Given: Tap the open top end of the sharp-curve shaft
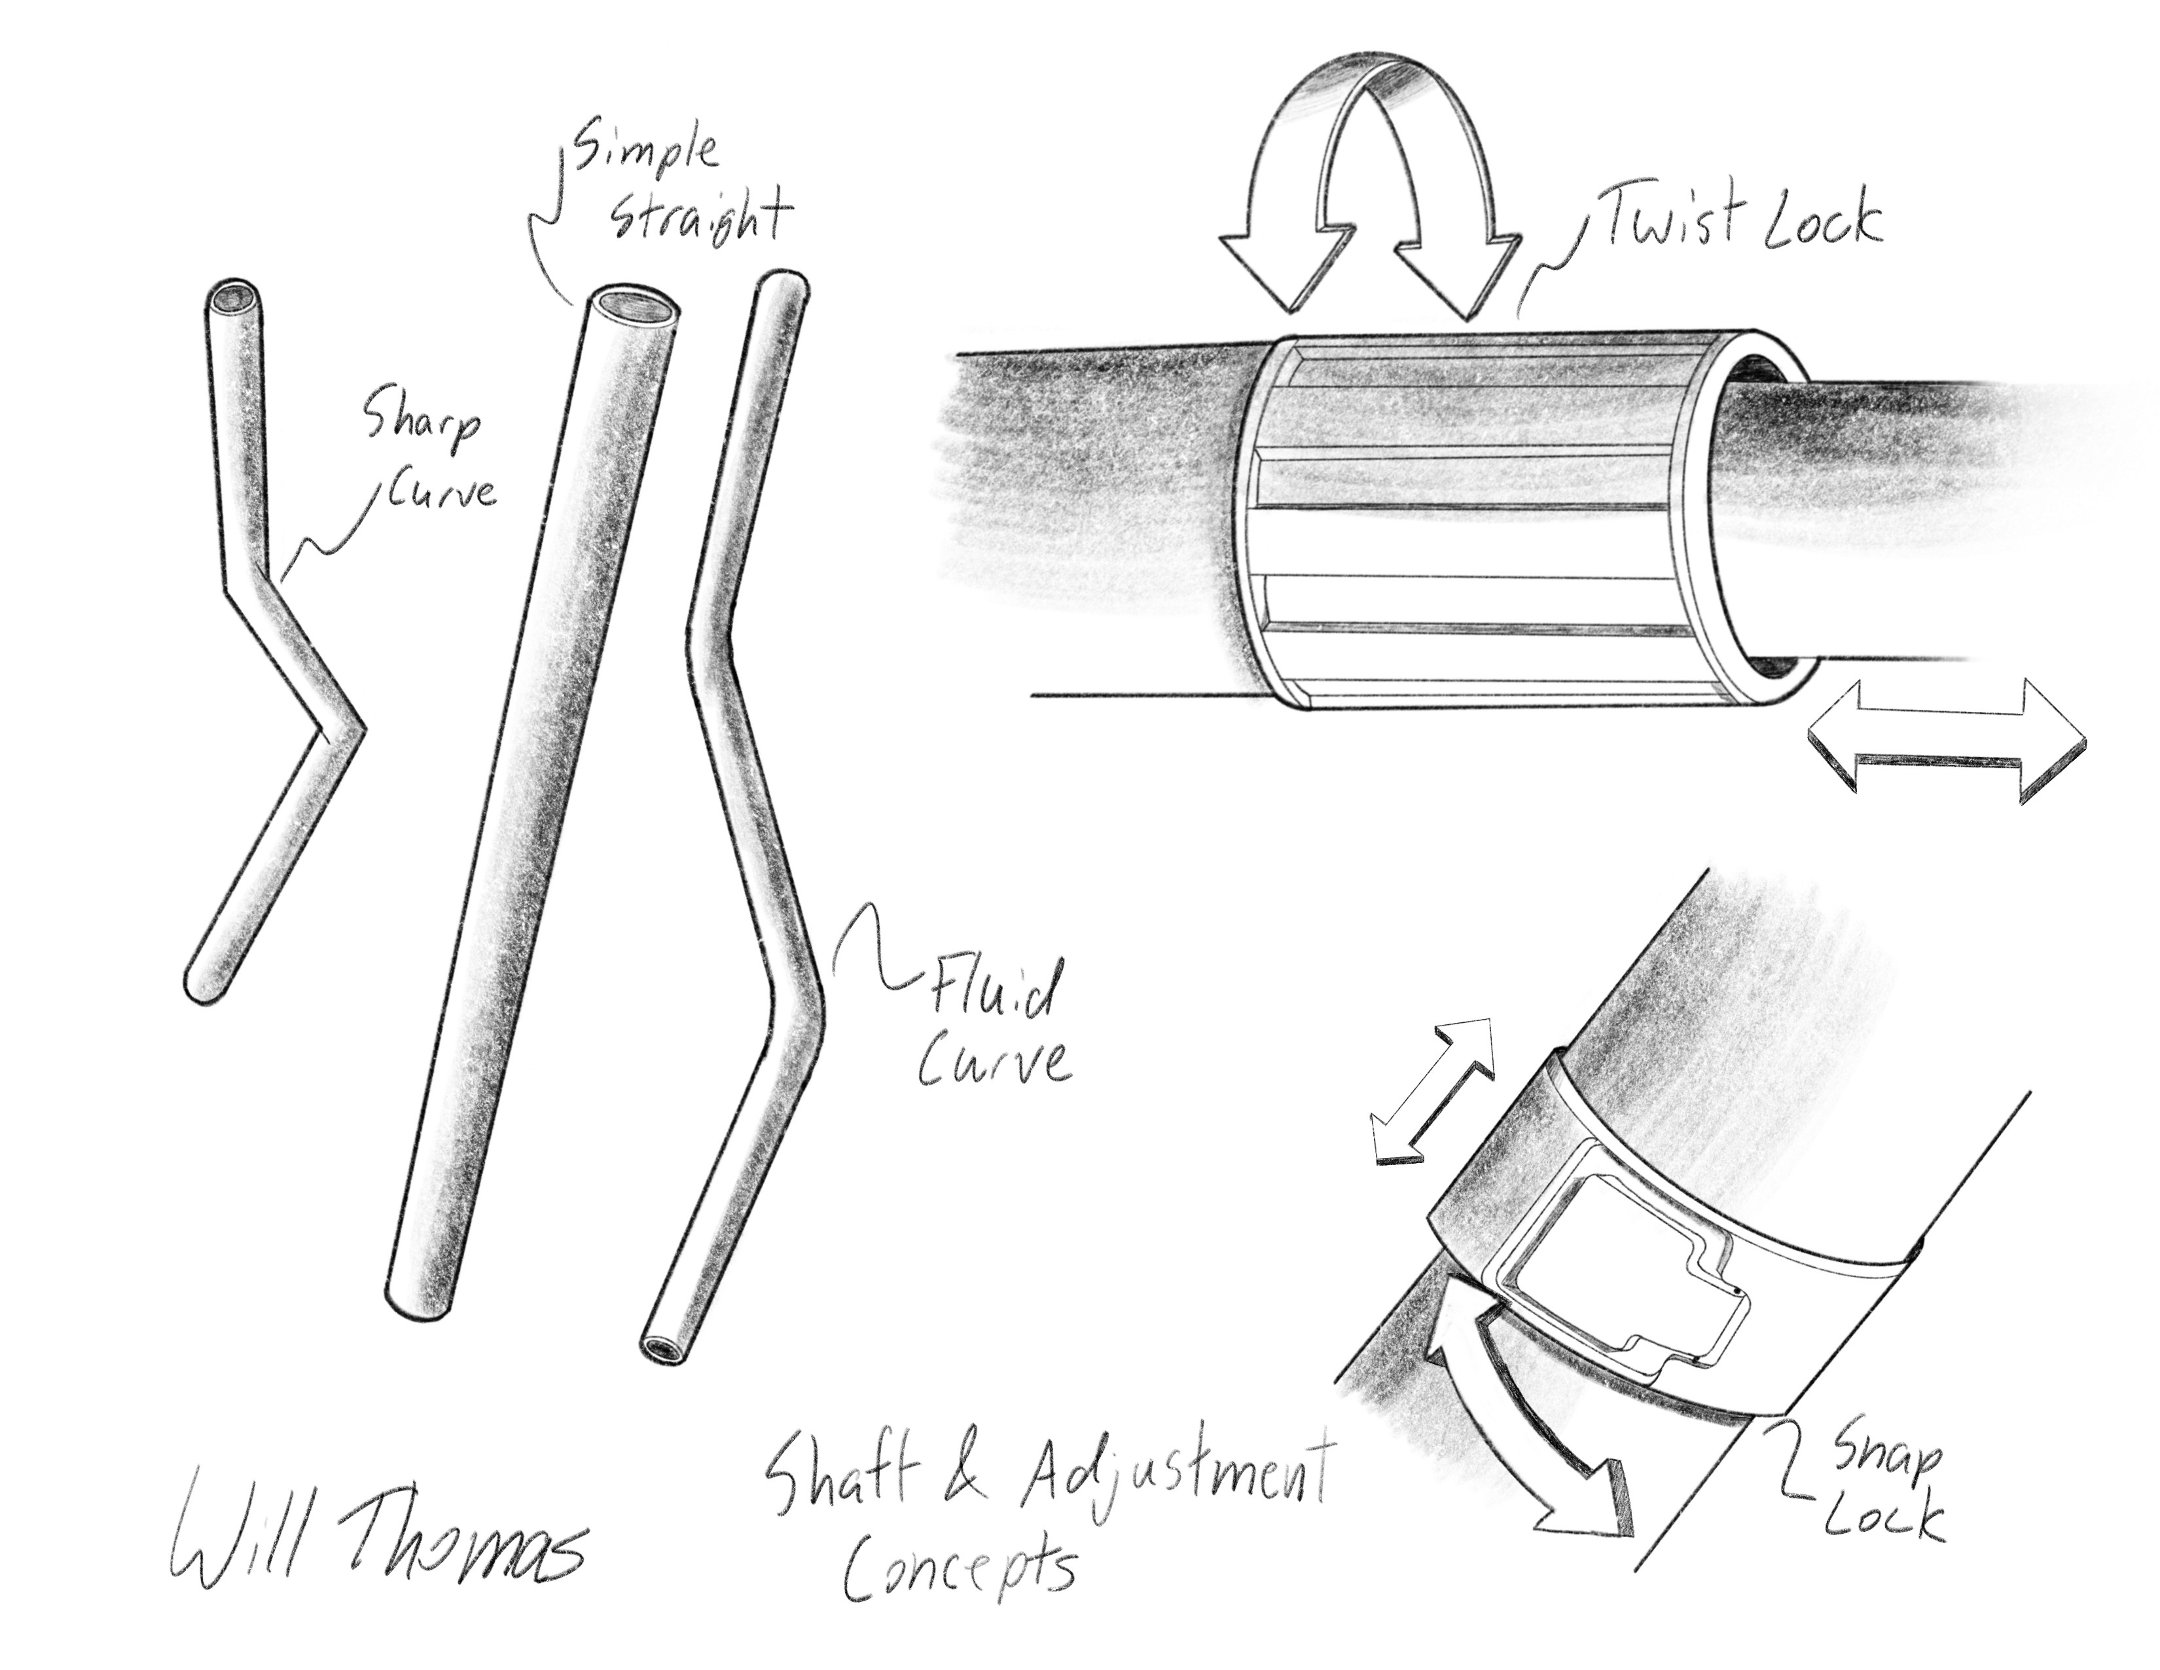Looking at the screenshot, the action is click(238, 298).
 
